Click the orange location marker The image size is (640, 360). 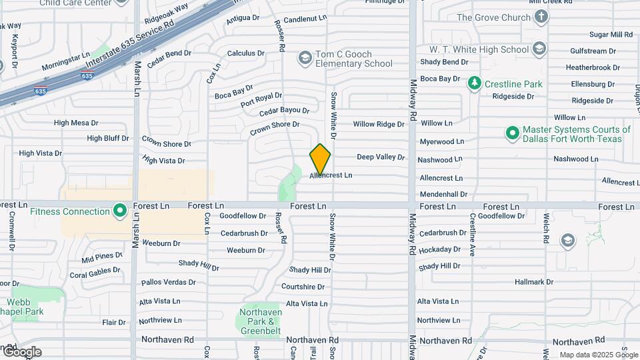320,159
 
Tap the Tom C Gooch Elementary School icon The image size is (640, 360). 305,58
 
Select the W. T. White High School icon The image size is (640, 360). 539,49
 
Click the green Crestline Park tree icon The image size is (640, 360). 475,84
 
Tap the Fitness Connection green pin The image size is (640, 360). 120,211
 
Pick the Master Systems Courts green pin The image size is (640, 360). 512,134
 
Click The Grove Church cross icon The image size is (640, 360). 541,17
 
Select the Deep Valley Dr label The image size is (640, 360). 381,157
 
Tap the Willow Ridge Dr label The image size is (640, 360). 379,124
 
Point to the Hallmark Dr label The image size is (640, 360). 534,282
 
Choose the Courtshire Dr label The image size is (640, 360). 303,287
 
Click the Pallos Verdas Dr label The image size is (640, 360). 167,283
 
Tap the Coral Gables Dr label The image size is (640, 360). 95,273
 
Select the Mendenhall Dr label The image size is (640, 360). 443,194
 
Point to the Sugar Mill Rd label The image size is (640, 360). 611,34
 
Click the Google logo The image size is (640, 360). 21,351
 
